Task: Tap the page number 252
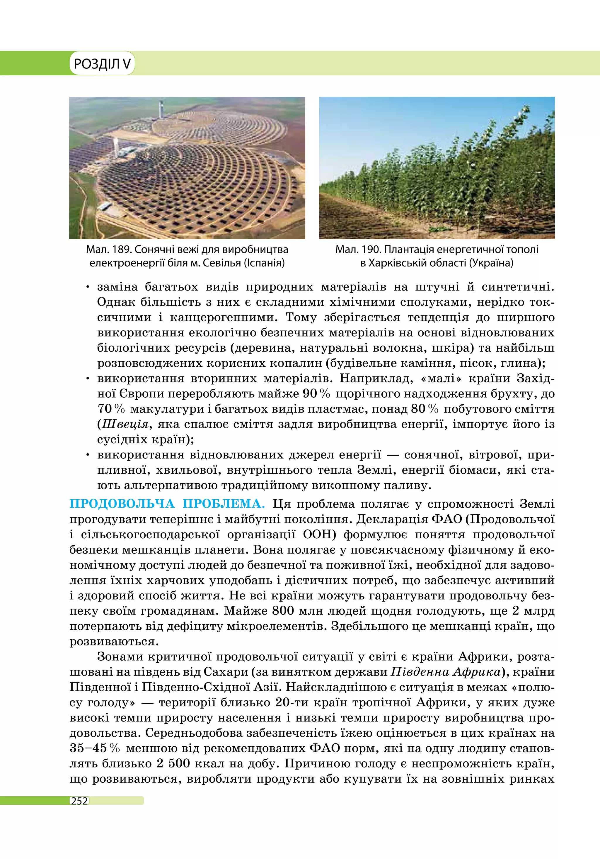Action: (x=79, y=801)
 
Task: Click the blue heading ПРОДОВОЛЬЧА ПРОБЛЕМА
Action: (x=167, y=504)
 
